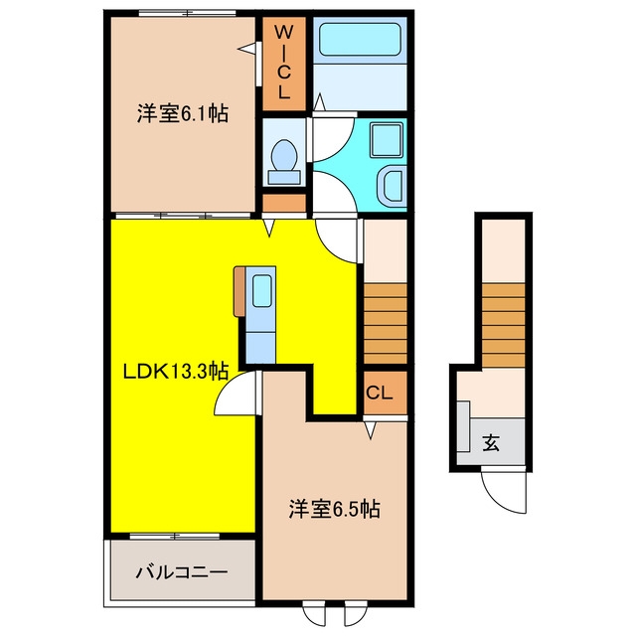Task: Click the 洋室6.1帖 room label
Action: (183, 114)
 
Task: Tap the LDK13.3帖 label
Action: (176, 371)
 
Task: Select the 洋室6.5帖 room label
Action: (334, 509)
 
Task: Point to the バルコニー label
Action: (182, 572)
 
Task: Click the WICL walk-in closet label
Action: (283, 62)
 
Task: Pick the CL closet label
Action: (380, 393)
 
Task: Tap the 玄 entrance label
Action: (491, 443)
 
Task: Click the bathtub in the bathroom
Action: (360, 40)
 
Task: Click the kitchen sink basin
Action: (261, 290)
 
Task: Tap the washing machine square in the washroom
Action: (387, 141)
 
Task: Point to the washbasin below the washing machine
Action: (391, 184)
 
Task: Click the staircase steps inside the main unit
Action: (386, 324)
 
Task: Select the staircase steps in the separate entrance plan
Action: (504, 325)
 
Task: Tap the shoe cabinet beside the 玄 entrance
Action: (464, 426)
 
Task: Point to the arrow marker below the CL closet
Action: (370, 430)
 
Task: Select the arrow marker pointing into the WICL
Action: (247, 49)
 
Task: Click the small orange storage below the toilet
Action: (284, 203)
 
